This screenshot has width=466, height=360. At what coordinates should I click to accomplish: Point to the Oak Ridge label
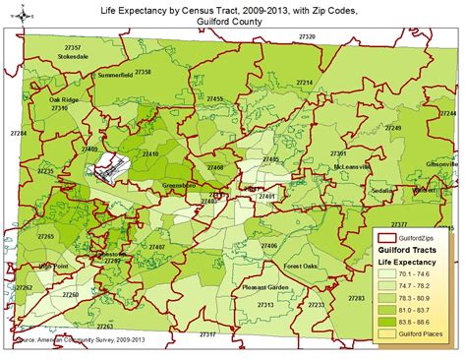tap(64, 100)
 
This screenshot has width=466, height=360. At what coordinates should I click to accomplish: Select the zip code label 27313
tap(266, 305)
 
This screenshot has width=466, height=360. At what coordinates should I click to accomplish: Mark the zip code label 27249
tap(393, 129)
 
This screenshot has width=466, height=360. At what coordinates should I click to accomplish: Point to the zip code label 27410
tap(151, 154)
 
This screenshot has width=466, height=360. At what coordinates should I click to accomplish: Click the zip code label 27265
tap(46, 237)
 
